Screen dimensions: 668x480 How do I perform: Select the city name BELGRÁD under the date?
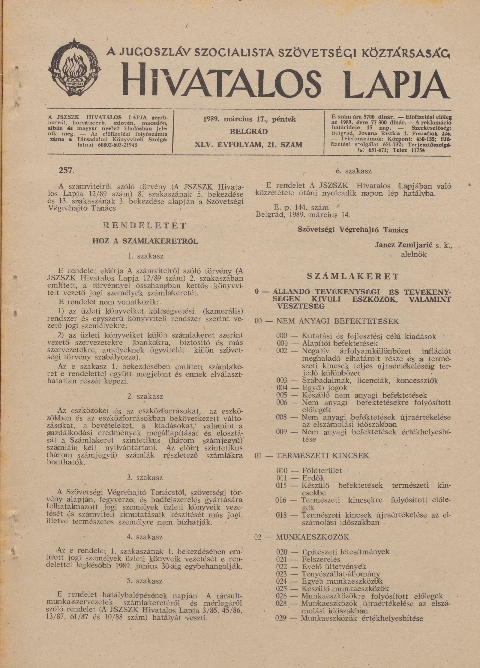pyautogui.click(x=249, y=132)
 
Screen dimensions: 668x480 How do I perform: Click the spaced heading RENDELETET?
pyautogui.click(x=145, y=226)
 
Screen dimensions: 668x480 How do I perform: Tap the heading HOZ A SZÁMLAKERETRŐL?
pyautogui.click(x=145, y=241)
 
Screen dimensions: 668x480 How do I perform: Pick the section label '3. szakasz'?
pyautogui.click(x=145, y=477)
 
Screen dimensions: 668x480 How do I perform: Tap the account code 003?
pyautogui.click(x=282, y=380)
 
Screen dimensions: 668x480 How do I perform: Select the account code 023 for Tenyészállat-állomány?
pyautogui.click(x=282, y=574)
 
